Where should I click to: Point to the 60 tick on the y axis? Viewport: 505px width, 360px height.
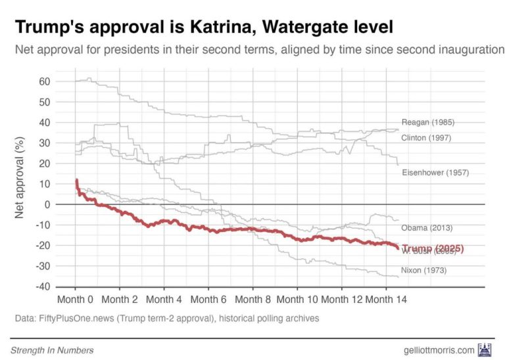[x=44, y=81]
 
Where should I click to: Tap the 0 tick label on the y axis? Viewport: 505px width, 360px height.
[x=47, y=204]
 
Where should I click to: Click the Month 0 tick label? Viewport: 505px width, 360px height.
[x=76, y=300]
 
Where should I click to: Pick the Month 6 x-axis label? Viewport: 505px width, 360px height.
[x=208, y=300]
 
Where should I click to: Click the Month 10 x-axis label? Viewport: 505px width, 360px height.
[x=297, y=300]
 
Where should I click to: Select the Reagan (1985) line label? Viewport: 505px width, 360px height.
[x=427, y=122]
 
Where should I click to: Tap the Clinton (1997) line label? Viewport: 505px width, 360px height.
[x=427, y=138]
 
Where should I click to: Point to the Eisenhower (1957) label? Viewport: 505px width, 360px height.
[x=435, y=173]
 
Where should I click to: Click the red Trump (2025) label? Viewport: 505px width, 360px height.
[x=433, y=248]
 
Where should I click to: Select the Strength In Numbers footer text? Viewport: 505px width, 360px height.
[x=52, y=350]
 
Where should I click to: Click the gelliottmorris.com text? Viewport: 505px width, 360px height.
[x=438, y=350]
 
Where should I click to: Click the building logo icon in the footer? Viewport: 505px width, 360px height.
[x=485, y=349]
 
